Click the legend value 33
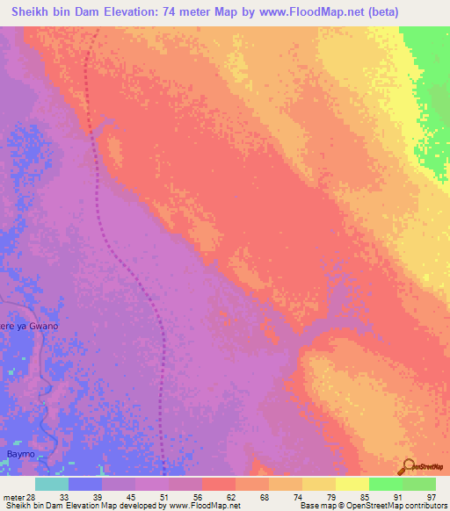[64, 496]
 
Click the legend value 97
[430, 496]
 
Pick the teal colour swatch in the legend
[51, 484]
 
